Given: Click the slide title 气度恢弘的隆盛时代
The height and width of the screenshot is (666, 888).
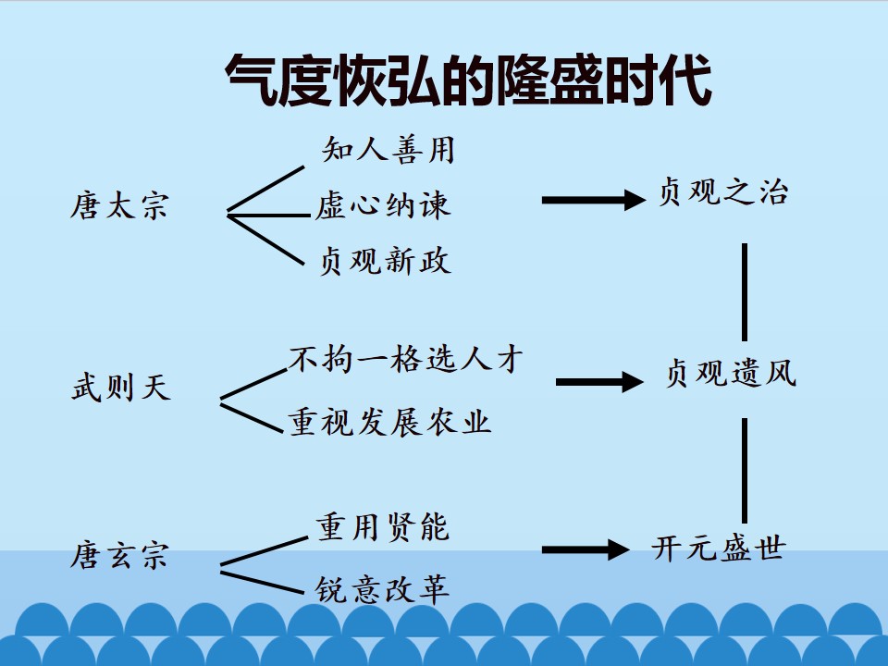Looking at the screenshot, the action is coord(468,80).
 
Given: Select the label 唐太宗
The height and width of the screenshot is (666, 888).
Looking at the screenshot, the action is coord(119,205).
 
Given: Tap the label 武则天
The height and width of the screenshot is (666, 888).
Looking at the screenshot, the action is coord(121,388).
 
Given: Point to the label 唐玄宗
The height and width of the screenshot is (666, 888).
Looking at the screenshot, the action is coord(119,554).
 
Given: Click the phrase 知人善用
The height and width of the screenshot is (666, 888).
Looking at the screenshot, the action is coord(388,150).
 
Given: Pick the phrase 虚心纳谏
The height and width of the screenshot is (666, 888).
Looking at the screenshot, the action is coord(383,205).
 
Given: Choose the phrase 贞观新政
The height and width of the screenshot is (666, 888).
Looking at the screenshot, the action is coord(385,261).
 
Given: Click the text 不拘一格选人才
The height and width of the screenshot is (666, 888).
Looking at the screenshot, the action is coord(406,359).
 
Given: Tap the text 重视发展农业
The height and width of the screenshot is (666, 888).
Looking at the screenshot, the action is coord(389,422).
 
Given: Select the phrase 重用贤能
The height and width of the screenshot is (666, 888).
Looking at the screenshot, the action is coord(383,526).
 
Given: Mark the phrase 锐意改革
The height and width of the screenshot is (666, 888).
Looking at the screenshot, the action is coord(382,589).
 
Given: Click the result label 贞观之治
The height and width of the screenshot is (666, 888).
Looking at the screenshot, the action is coord(723,191).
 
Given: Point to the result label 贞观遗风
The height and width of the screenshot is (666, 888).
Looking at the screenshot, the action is coord(731,373).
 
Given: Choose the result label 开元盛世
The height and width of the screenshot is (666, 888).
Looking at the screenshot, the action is coord(719,548).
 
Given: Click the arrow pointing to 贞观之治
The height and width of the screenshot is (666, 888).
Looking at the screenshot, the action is coord(594,200).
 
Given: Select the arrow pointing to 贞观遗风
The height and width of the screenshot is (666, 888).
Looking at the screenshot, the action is coord(599,382).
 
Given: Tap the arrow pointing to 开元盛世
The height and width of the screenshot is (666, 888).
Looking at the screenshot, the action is coord(586,549).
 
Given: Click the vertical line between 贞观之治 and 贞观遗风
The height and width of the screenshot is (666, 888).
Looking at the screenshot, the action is coord(744,292).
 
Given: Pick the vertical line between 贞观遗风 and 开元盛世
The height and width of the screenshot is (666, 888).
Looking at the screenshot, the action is coord(744,471).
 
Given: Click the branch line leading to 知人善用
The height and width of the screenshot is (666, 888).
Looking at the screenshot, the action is coord(265,189).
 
